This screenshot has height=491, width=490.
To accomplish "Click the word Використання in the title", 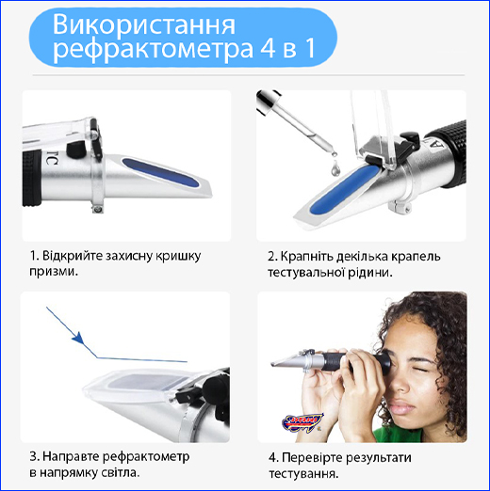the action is [x=144, y=24].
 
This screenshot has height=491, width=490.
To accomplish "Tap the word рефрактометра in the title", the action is [x=153, y=49].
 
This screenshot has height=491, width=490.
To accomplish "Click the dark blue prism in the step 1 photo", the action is [x=161, y=173].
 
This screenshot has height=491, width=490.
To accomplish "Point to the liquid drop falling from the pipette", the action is [x=335, y=168].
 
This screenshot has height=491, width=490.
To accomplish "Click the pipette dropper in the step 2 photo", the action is [x=295, y=123].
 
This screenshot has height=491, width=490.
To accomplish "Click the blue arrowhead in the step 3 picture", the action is [x=78, y=339].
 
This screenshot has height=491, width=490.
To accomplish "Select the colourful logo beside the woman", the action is [x=302, y=421].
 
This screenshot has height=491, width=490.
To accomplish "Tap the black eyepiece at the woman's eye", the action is [x=384, y=363].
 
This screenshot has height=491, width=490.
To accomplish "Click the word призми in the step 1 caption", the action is [x=53, y=272].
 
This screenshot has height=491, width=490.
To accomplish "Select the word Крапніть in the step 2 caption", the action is [x=306, y=257].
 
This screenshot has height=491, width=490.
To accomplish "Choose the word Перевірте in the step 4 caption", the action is [x=311, y=458].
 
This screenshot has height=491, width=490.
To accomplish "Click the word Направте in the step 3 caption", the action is [x=71, y=456].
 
